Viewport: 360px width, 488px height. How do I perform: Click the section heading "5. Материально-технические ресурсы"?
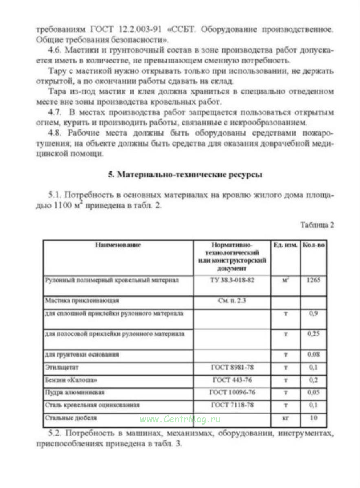[x=185, y=175]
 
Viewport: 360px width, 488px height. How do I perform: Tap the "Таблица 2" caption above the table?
[x=317, y=225]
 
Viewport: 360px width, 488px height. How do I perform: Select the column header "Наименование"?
[x=118, y=245]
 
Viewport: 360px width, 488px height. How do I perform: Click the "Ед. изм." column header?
[x=285, y=245]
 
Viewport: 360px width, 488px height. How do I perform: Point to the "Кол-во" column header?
[x=314, y=245]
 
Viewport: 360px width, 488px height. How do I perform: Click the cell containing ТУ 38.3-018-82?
[x=232, y=280]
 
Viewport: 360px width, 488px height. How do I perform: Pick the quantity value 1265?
[x=314, y=280]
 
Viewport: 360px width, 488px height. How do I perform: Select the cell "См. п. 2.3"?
[x=232, y=301]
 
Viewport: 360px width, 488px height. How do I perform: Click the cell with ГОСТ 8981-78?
[x=232, y=368]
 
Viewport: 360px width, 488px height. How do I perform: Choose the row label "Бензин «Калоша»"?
[x=71, y=380]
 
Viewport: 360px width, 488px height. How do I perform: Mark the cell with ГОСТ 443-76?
[x=232, y=380]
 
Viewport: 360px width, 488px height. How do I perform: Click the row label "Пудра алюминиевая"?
[x=74, y=393]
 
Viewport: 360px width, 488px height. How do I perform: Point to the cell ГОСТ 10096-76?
[x=232, y=393]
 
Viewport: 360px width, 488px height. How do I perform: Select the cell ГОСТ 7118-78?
[x=232, y=405]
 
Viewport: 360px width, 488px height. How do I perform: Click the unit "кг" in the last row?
[x=285, y=418]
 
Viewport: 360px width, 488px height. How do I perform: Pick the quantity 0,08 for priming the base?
[x=314, y=355]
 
